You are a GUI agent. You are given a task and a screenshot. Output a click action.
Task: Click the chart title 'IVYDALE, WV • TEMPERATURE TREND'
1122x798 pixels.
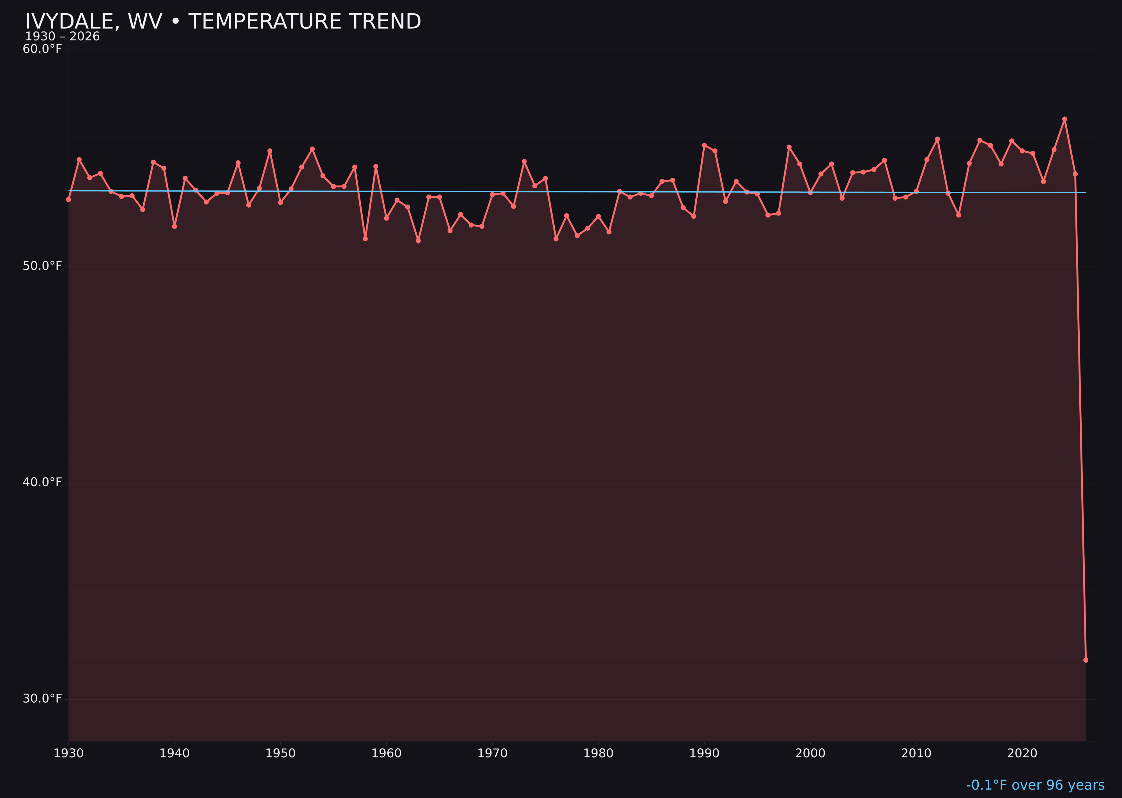pyautogui.click(x=223, y=22)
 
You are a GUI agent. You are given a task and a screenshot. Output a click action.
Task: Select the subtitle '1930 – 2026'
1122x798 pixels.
pyautogui.click(x=62, y=37)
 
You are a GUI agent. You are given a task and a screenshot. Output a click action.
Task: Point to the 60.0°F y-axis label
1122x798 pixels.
pyautogui.click(x=42, y=49)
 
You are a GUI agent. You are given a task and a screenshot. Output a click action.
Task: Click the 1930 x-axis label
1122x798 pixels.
pyautogui.click(x=69, y=753)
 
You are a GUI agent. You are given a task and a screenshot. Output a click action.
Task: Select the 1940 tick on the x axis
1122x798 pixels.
pyautogui.click(x=174, y=753)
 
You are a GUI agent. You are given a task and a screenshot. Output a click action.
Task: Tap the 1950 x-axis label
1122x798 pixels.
pyautogui.click(x=280, y=753)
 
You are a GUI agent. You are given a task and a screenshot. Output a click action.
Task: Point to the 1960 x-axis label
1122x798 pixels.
pyautogui.click(x=387, y=753)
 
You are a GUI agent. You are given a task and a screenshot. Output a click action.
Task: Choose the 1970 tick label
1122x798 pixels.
pyautogui.click(x=492, y=753)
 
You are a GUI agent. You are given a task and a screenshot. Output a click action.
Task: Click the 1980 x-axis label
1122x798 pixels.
pyautogui.click(x=598, y=753)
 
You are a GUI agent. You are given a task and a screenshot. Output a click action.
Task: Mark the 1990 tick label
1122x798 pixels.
pyautogui.click(x=704, y=753)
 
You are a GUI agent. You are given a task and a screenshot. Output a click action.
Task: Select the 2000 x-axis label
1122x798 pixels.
pyautogui.click(x=810, y=753)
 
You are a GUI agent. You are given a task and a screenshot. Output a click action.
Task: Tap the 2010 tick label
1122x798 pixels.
pyautogui.click(x=916, y=753)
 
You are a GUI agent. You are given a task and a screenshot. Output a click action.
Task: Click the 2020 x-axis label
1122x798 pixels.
pyautogui.click(x=1022, y=753)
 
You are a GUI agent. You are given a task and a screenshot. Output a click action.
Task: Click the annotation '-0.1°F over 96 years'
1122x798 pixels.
pyautogui.click(x=1035, y=785)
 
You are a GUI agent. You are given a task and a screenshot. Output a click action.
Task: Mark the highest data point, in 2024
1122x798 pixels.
pyautogui.click(x=1064, y=119)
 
